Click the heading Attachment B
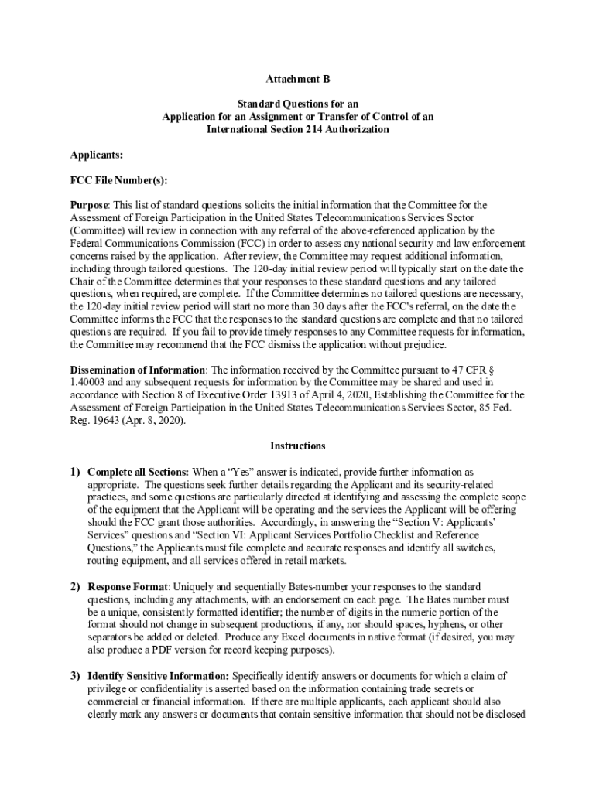[x=298, y=80]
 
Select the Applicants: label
[x=97, y=155]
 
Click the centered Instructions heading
[x=298, y=445]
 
